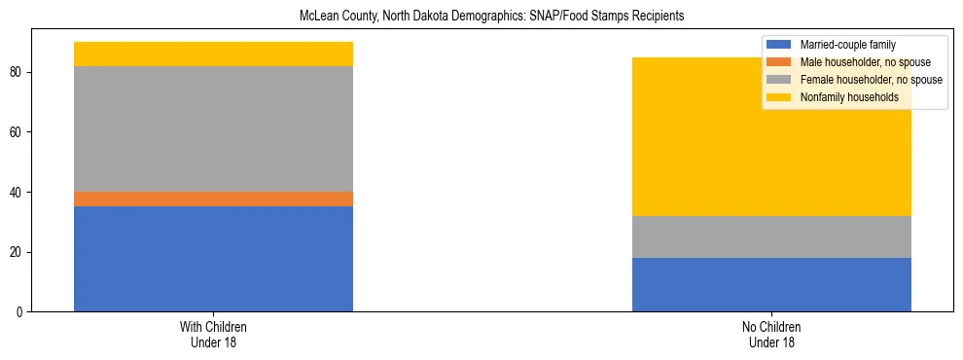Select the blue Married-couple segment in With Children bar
(x=213, y=259)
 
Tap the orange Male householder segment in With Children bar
(x=213, y=198)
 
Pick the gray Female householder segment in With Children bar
(x=213, y=128)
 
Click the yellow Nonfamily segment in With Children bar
(x=213, y=54)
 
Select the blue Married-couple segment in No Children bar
(x=771, y=284)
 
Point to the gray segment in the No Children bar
(x=771, y=236)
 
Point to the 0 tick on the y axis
(x=22, y=312)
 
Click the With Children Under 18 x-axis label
(x=213, y=334)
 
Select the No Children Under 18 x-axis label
(x=771, y=334)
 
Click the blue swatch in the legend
(x=779, y=45)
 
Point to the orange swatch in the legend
(x=779, y=62)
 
